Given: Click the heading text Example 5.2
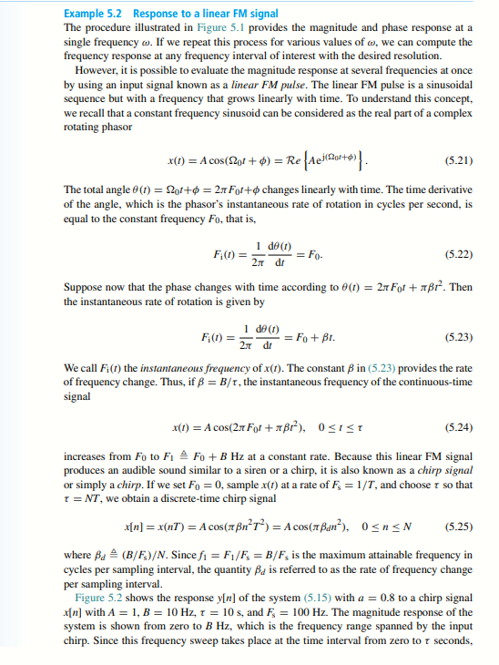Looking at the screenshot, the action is point(95,15).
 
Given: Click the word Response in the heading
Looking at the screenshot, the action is point(156,15).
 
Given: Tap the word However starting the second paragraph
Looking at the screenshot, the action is point(97,69).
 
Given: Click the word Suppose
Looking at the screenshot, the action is point(83,288).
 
